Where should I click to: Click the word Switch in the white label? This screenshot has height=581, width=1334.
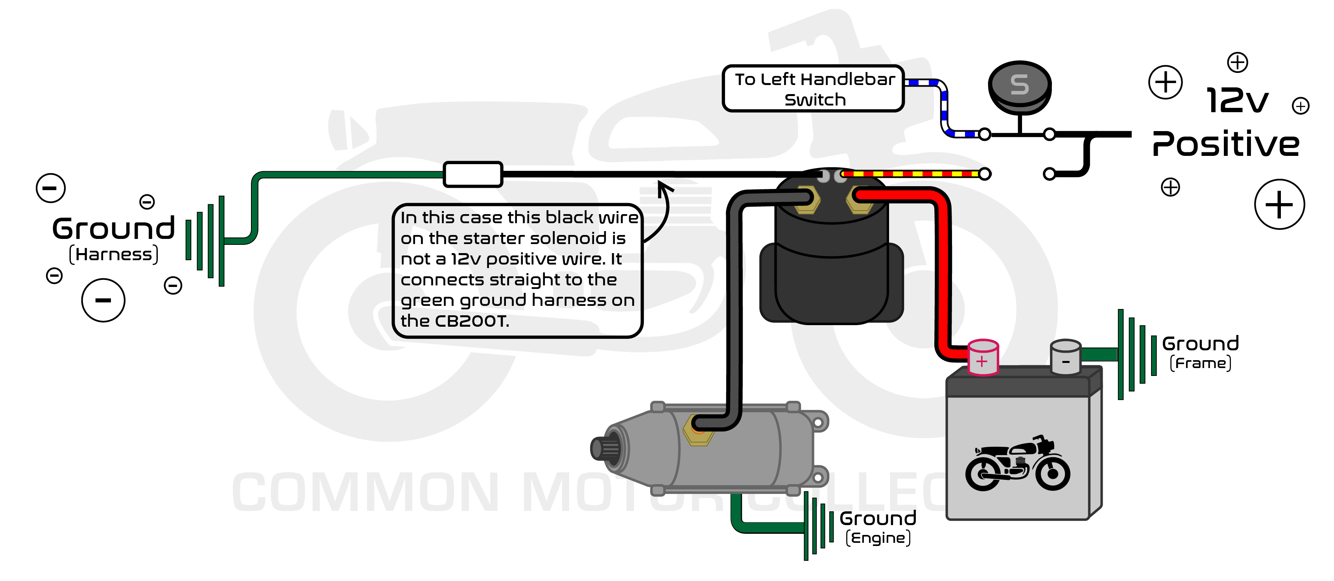tap(815, 100)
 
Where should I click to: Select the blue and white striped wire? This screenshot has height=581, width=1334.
tap(943, 106)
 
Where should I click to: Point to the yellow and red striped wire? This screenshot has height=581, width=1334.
tap(911, 174)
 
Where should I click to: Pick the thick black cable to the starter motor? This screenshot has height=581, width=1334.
tap(734, 311)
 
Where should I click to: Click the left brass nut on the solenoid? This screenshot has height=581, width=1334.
tap(806, 200)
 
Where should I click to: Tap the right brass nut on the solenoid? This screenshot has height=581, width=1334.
tap(860, 200)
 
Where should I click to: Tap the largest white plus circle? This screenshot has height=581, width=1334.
tap(1279, 204)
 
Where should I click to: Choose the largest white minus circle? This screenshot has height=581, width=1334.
tap(103, 300)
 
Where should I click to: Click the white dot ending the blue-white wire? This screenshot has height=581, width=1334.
tap(984, 134)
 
